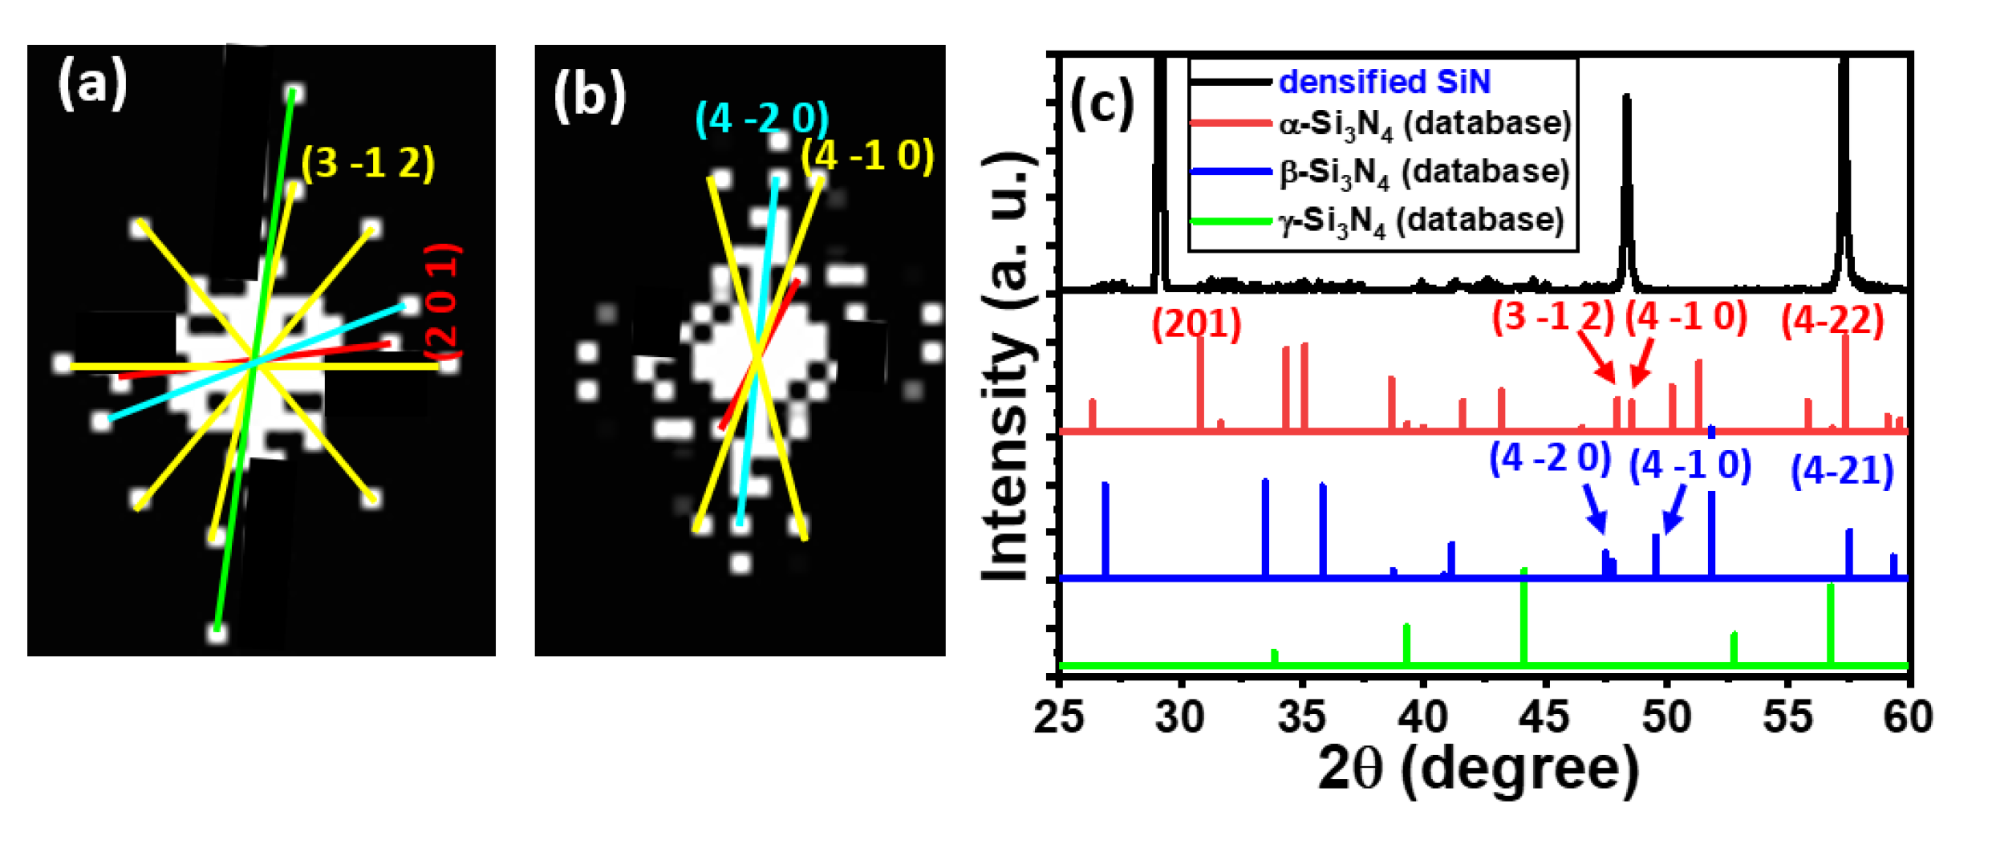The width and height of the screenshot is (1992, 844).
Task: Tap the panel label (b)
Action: (x=589, y=98)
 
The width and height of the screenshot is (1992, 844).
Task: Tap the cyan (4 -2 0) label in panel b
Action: (x=761, y=119)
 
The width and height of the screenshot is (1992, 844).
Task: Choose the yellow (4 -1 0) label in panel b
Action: (x=868, y=155)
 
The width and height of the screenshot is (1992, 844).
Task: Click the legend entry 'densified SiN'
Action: (x=1384, y=82)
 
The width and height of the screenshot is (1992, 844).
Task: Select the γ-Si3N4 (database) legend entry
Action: (x=1421, y=221)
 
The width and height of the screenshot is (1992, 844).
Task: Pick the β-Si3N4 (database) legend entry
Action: (x=1424, y=172)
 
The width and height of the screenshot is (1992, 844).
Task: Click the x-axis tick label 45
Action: (x=1545, y=716)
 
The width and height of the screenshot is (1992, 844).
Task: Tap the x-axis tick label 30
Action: (x=1180, y=716)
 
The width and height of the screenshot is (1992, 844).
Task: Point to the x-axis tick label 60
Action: (x=1908, y=716)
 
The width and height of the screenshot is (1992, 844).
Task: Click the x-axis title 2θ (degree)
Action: (x=1478, y=770)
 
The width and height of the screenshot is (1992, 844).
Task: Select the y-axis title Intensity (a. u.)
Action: (x=1008, y=365)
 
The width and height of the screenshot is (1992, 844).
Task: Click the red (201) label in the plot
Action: (x=1196, y=324)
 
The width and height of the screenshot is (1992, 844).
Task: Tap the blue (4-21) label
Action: (x=1842, y=470)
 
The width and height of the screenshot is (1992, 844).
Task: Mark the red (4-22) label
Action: (x=1832, y=321)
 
